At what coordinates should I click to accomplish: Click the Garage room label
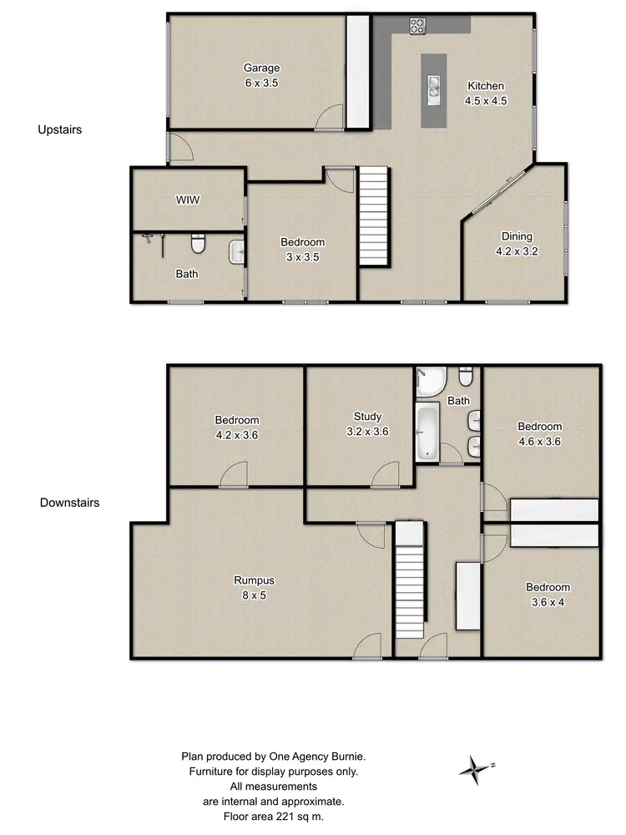(x=261, y=68)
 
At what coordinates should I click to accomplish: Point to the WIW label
(x=187, y=200)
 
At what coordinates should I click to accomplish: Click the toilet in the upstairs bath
(x=198, y=245)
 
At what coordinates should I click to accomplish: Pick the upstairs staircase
(x=374, y=216)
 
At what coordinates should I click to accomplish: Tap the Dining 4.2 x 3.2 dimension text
(x=516, y=250)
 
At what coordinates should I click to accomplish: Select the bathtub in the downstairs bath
(x=427, y=432)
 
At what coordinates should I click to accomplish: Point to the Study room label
(x=367, y=417)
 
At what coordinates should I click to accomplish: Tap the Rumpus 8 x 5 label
(x=255, y=580)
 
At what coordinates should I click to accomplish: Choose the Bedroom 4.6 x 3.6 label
(x=539, y=426)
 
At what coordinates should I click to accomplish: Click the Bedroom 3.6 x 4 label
(x=548, y=587)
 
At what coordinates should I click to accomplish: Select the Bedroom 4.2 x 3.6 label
(x=237, y=420)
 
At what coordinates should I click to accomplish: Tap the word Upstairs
(x=59, y=129)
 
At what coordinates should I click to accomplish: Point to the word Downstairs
(x=69, y=503)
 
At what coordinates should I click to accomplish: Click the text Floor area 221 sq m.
(x=273, y=816)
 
